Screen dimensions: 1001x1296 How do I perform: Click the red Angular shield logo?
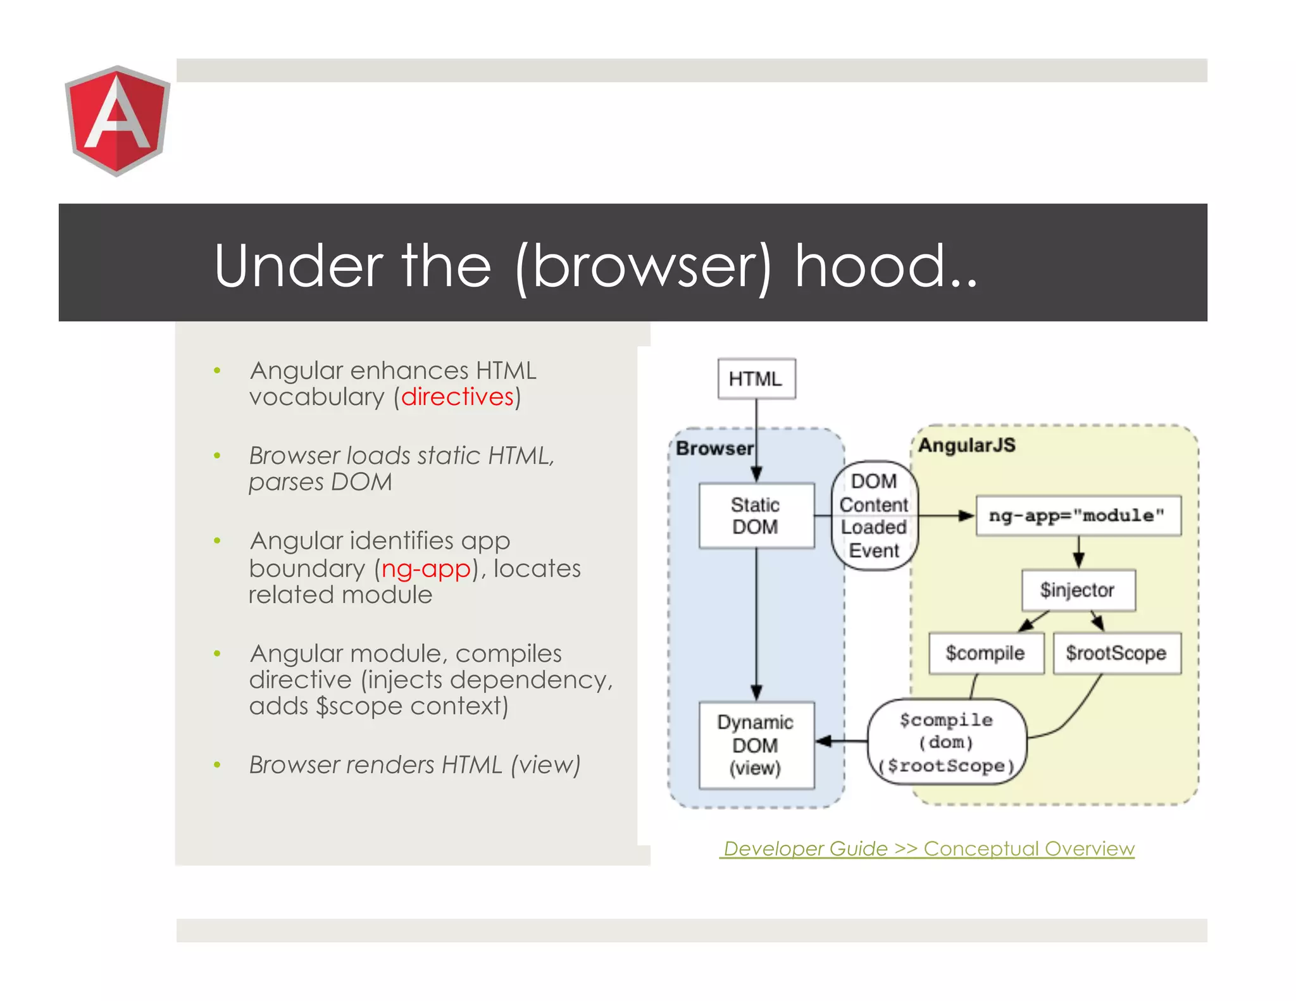tap(117, 120)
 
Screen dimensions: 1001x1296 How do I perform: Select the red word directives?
tap(457, 397)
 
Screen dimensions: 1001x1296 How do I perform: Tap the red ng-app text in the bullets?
tap(426, 568)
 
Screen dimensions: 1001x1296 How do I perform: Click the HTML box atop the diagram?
tap(756, 378)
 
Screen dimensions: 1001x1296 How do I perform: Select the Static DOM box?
tap(756, 516)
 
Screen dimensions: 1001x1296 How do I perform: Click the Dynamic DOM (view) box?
tap(756, 745)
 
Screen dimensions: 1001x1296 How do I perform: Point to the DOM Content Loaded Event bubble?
tap(874, 516)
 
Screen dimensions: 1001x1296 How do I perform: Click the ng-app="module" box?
tap(1078, 516)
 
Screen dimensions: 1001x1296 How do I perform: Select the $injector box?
tap(1078, 590)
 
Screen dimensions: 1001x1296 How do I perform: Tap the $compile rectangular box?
tap(985, 653)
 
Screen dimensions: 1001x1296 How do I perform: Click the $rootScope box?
tap(1116, 653)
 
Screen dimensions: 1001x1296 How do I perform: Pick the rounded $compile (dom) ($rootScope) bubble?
tap(947, 742)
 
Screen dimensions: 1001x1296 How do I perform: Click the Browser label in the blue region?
tap(714, 448)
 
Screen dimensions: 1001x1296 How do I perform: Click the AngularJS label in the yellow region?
tap(966, 445)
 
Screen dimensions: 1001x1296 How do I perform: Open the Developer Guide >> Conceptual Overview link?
tap(928, 849)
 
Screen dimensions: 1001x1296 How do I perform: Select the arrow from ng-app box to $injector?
tap(1079, 552)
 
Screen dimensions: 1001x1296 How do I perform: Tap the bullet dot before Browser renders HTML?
tap(217, 765)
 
